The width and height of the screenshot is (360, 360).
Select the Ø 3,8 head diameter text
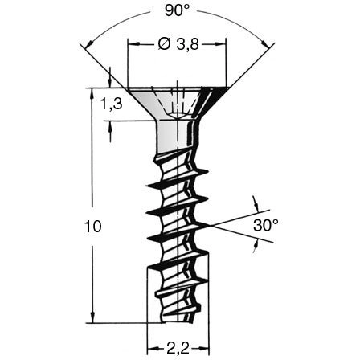point(174,45)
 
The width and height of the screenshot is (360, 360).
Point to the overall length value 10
point(92,227)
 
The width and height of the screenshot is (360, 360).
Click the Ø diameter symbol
point(161,45)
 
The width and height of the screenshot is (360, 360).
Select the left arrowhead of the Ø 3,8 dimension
point(133,45)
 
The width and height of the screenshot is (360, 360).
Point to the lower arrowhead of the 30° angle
point(256,247)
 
